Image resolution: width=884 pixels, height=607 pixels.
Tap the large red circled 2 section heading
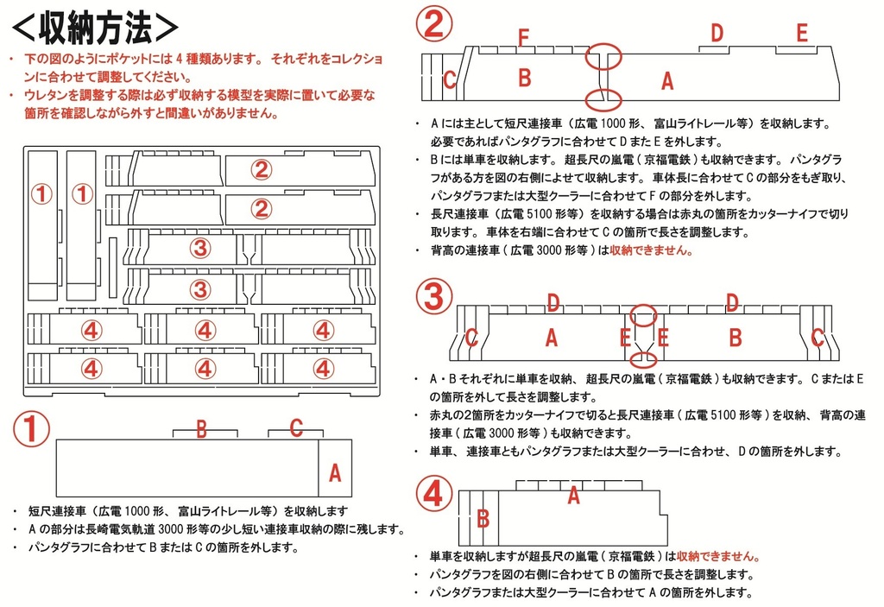434,23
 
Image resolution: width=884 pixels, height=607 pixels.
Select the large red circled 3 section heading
434,296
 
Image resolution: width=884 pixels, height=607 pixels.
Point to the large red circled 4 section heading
434,494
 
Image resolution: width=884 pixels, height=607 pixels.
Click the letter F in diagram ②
522,37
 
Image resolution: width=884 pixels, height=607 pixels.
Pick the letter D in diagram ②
717,34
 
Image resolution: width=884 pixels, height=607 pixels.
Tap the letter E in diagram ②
802,34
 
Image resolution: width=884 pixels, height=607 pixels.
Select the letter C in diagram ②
449,79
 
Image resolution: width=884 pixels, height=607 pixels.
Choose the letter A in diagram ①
336,471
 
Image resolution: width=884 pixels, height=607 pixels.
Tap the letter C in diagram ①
295,427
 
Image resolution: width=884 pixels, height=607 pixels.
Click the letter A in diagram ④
572,496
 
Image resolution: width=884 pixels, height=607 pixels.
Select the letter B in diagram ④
483,518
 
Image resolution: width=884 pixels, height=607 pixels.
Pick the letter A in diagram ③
552,338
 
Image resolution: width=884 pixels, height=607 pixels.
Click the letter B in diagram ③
736,338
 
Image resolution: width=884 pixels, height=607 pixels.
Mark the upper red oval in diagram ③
642,315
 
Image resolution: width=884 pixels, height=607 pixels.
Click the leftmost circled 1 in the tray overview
42,194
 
